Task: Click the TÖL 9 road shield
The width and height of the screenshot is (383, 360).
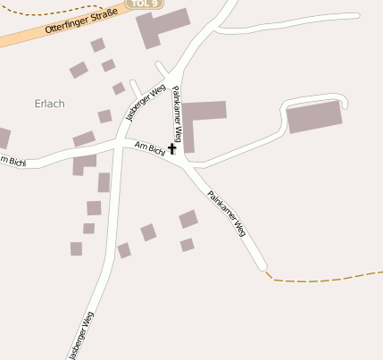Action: (x=143, y=4)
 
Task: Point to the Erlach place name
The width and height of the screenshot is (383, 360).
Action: (x=50, y=104)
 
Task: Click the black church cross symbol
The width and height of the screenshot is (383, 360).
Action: (x=171, y=149)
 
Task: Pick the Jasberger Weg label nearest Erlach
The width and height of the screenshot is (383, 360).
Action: (x=146, y=103)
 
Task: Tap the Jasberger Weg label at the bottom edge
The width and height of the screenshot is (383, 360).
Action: (x=80, y=336)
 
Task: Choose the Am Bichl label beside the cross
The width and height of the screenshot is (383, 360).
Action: (x=149, y=147)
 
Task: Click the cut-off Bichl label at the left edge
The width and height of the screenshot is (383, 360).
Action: (x=12, y=162)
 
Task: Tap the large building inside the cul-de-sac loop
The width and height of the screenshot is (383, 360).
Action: (x=314, y=117)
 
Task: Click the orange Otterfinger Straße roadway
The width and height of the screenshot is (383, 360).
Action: (x=36, y=38)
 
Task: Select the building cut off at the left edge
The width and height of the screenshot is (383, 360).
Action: (x=4, y=138)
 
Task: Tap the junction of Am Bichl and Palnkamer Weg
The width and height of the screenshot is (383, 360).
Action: (x=185, y=163)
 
